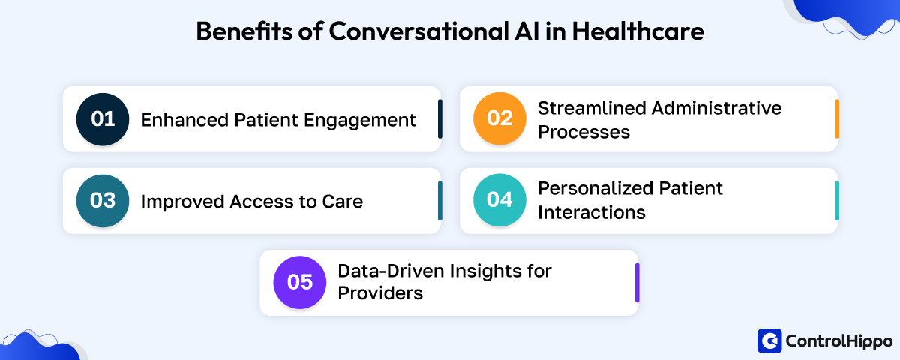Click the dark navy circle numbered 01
click(x=103, y=119)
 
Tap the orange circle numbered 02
click(x=500, y=119)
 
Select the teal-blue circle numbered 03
click(x=103, y=201)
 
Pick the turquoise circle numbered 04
click(x=500, y=201)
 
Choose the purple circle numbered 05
click(x=300, y=283)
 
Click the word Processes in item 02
click(x=583, y=132)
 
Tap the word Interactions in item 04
click(x=591, y=212)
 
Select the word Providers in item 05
click(x=380, y=293)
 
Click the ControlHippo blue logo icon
click(x=769, y=340)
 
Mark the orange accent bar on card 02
click(x=836, y=119)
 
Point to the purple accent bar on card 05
click(x=637, y=283)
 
